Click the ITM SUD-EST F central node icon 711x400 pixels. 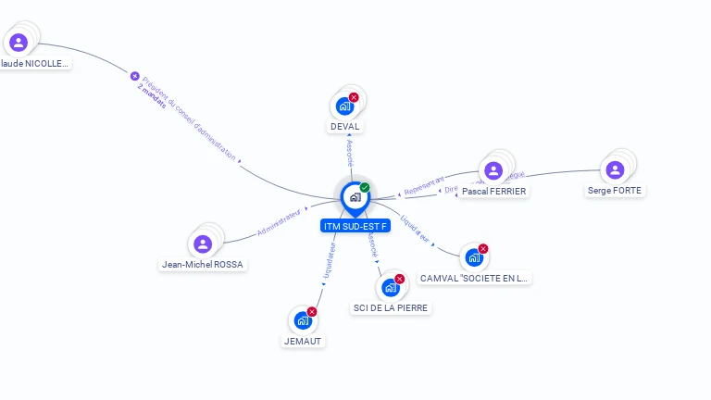pyautogui.click(x=355, y=197)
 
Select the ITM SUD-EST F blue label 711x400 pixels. pyautogui.click(x=355, y=226)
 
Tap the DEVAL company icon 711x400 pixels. pyautogui.click(x=344, y=106)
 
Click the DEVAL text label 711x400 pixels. pyautogui.click(x=344, y=126)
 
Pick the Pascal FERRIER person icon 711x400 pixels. pyautogui.click(x=493, y=170)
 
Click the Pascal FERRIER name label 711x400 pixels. pyautogui.click(x=493, y=192)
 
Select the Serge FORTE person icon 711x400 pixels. pyautogui.click(x=615, y=169)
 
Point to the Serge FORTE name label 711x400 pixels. pyautogui.click(x=615, y=191)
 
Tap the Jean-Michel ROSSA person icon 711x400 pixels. pyautogui.click(x=203, y=244)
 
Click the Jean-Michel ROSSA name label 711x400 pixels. pyautogui.click(x=204, y=264)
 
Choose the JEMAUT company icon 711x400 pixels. pyautogui.click(x=303, y=320)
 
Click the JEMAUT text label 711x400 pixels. pyautogui.click(x=303, y=341)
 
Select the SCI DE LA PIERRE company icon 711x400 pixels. pyautogui.click(x=391, y=287)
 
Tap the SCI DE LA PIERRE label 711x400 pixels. pyautogui.click(x=391, y=307)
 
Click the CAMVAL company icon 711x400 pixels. pyautogui.click(x=474, y=257)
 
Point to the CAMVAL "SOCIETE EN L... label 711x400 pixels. pyautogui.click(x=475, y=278)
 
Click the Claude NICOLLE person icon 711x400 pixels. pyautogui.click(x=19, y=43)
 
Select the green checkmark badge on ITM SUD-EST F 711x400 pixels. pyautogui.click(x=365, y=187)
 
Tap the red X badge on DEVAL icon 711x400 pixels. pyautogui.click(x=354, y=97)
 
